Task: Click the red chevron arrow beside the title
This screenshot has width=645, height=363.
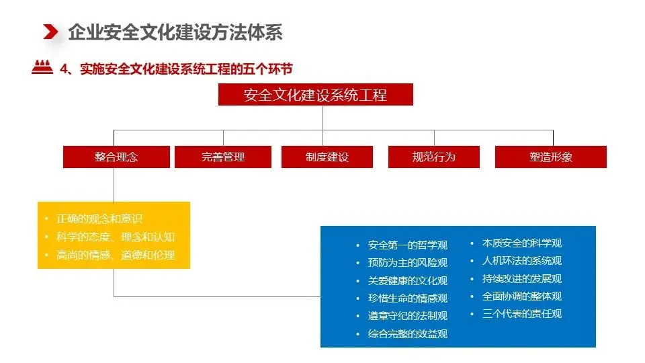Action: pos(50,32)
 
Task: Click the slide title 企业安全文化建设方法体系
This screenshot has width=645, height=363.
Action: pos(175,32)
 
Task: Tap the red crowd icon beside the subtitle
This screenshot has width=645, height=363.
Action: pos(42,67)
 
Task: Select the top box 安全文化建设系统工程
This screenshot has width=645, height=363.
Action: pos(316,95)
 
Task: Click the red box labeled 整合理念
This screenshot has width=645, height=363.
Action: pos(116,157)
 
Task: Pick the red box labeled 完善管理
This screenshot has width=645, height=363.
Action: pos(223,157)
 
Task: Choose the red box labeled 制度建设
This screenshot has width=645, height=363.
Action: pos(327,157)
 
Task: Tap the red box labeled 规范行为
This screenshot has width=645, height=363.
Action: pos(434,157)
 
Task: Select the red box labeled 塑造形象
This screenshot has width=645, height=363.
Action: pos(551,157)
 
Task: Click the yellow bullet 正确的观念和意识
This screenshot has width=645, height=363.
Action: pos(99,218)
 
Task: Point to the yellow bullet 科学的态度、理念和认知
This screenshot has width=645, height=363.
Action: pos(116,237)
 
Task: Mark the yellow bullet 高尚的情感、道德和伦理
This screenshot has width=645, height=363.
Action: pos(116,255)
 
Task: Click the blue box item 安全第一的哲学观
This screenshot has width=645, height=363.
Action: pos(408,245)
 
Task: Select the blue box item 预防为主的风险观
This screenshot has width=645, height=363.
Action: pos(408,263)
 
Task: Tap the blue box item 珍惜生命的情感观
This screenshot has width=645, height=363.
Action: pos(408,298)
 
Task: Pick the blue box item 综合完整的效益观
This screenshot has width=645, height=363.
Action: pos(408,333)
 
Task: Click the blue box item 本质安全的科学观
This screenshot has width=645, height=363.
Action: pos(522,243)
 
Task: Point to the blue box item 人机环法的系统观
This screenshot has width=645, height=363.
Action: pos(522,261)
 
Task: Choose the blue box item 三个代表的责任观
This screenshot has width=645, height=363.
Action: pos(522,314)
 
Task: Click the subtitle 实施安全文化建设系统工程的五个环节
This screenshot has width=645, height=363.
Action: pos(186,69)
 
